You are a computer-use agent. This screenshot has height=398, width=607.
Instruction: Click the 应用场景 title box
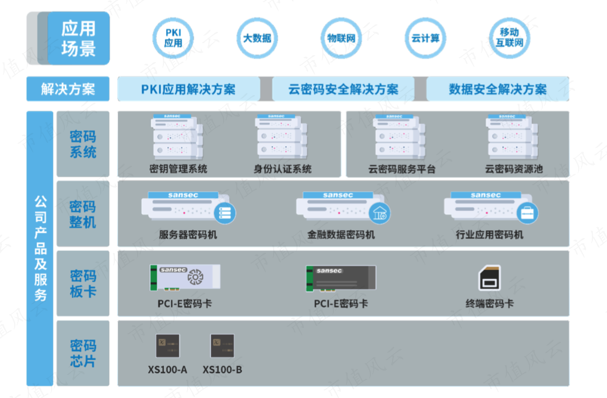click(x=78, y=38)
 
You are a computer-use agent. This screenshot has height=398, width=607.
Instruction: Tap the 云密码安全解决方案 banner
click(x=343, y=90)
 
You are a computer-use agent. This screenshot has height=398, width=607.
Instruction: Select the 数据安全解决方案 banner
click(x=498, y=90)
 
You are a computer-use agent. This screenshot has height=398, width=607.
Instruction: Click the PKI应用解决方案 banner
click(x=188, y=90)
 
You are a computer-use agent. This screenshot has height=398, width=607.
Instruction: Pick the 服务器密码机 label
click(x=188, y=235)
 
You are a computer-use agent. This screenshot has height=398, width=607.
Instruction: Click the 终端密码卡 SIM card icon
click(x=490, y=278)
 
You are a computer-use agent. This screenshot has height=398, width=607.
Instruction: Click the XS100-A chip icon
click(x=167, y=346)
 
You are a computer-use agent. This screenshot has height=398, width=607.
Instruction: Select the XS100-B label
click(x=222, y=370)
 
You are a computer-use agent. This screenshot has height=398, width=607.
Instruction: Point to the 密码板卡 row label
click(x=83, y=283)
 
